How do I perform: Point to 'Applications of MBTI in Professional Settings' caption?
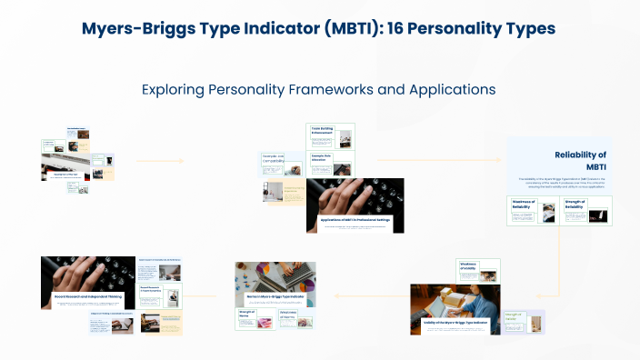355,220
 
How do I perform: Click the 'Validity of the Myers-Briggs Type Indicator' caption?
455,323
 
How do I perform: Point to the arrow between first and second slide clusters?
159,162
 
